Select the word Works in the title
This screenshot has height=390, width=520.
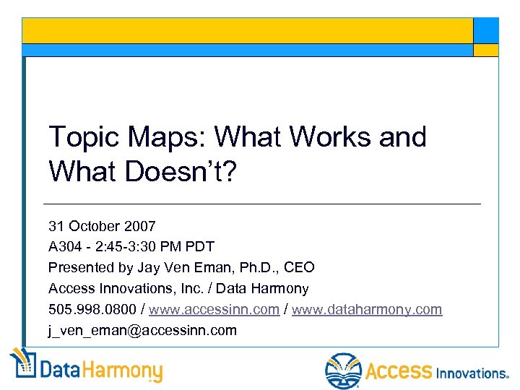pyautogui.click(x=335, y=136)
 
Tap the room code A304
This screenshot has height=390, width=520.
pyautogui.click(x=64, y=246)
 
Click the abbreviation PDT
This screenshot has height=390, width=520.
pyautogui.click(x=200, y=246)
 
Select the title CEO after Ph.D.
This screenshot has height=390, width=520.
pyautogui.click(x=299, y=267)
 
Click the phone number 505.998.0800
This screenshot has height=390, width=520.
pyautogui.click(x=95, y=309)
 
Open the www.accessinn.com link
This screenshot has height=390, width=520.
pyautogui.click(x=214, y=309)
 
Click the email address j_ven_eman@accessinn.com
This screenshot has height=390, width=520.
pyautogui.click(x=142, y=330)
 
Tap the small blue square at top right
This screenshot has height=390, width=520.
pyautogui.click(x=485, y=30)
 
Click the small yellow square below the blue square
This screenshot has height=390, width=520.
pyautogui.click(x=485, y=50)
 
